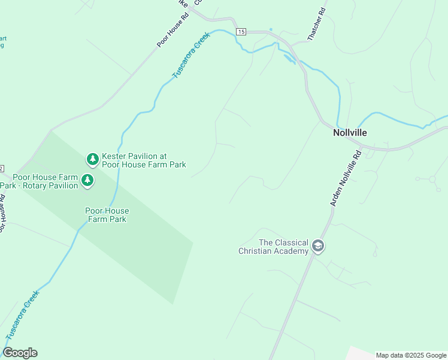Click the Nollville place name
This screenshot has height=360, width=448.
[x=350, y=133]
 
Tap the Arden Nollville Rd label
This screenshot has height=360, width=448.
[x=346, y=179]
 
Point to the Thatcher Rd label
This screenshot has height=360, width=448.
[x=316, y=25]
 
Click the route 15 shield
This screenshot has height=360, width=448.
[x=241, y=31]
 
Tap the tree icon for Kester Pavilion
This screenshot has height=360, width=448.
[x=92, y=159]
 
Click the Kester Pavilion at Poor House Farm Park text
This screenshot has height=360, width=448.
[x=144, y=160]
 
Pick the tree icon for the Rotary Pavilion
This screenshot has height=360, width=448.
[x=87, y=180]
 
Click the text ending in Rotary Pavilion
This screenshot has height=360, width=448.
[x=42, y=181]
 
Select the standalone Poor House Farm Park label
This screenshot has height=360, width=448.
[x=107, y=215]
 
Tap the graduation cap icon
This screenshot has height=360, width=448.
[x=317, y=247]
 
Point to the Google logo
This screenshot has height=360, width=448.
[x=20, y=353]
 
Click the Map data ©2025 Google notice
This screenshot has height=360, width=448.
[x=411, y=355]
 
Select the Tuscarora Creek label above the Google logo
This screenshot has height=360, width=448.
[x=22, y=315]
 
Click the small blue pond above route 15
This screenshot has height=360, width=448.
[x=271, y=29]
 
